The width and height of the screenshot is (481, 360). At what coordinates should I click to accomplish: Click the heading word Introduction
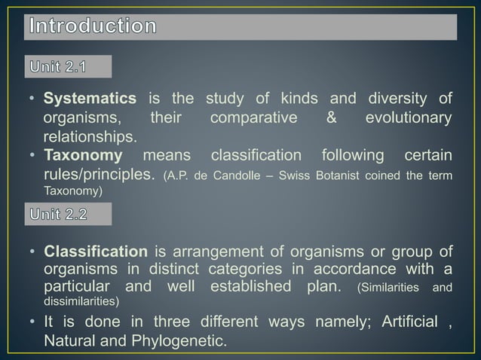tap(93, 26)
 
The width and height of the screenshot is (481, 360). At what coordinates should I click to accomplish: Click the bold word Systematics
tap(90, 99)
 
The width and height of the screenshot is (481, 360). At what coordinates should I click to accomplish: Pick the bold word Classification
tap(95, 251)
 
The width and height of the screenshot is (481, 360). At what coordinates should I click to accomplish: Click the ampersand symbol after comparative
tap(332, 119)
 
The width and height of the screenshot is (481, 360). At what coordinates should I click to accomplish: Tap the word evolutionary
tap(409, 119)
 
